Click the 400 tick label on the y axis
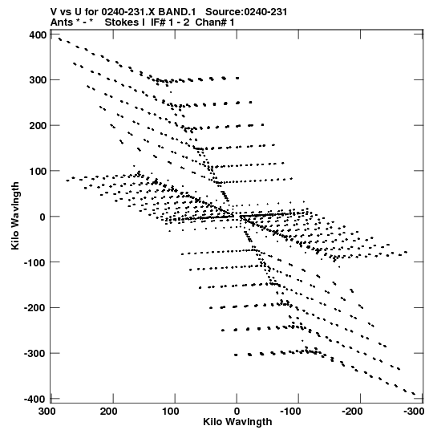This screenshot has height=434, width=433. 38,35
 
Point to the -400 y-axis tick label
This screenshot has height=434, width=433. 35,400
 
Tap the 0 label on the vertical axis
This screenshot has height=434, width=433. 42,217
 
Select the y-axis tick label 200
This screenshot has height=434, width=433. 38,126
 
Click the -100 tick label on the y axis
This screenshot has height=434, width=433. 35,262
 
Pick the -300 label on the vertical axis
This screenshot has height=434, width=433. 35,354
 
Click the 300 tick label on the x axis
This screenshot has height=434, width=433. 47,412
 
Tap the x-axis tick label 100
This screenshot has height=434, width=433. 171,412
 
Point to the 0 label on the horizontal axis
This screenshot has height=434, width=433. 237,412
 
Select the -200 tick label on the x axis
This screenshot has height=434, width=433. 353,412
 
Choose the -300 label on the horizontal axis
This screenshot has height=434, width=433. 414,412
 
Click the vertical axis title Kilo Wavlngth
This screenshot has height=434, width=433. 15,216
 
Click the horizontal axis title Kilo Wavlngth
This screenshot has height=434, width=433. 237,422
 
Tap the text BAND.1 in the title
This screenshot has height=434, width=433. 177,12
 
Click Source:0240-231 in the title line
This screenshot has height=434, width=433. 246,12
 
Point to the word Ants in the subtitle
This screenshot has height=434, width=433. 62,22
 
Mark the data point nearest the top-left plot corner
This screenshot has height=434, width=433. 60,39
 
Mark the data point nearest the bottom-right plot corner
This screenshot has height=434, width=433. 414,394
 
